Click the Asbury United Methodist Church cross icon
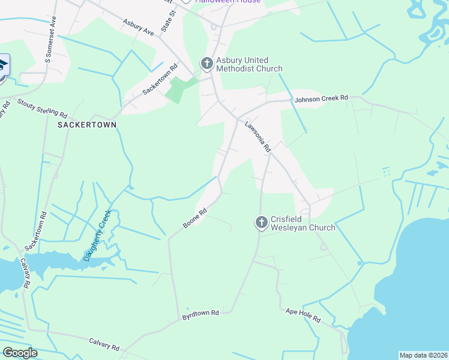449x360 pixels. [206, 64]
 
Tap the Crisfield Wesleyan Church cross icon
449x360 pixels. [261, 223]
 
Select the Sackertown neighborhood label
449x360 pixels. [87, 124]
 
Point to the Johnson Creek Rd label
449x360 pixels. [321, 98]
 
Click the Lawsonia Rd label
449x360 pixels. [258, 136]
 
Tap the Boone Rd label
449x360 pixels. [195, 218]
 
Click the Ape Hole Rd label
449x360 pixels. [303, 316]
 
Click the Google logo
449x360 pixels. [20, 353]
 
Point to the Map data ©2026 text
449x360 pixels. [423, 355]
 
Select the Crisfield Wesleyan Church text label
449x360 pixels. [303, 223]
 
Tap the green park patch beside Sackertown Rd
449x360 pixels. [176, 90]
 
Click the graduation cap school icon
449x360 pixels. [2, 65]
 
